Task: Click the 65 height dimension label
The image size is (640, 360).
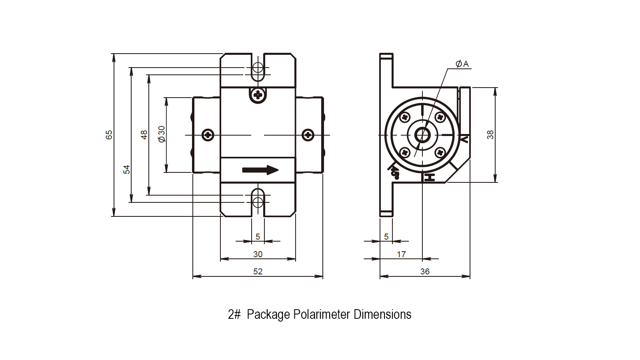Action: point(109,135)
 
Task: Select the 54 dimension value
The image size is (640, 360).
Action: point(126,170)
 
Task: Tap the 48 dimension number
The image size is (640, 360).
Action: point(144,135)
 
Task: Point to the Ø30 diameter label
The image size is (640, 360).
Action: point(162,134)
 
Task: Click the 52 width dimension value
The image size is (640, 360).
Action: point(258,272)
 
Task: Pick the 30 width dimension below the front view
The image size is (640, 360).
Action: point(258,254)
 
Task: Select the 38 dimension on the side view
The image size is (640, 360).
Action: point(490,135)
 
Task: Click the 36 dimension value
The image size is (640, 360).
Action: point(425,272)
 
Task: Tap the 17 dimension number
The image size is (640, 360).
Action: point(401,254)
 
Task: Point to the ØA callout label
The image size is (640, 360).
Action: point(462,64)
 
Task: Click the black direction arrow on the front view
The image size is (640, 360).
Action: point(260,170)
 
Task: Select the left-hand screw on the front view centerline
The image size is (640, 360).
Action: point(208,135)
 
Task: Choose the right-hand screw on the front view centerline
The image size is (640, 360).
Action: point(308,135)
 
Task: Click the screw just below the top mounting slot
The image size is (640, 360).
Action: point(258,95)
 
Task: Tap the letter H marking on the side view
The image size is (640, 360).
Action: point(430,177)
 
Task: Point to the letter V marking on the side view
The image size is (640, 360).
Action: point(464,140)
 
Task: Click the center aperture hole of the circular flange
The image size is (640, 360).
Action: point(422,135)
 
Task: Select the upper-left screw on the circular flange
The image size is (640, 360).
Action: point(405,117)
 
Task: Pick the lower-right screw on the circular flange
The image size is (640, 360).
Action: point(440,152)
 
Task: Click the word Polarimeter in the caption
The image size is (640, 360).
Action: point(322,314)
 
